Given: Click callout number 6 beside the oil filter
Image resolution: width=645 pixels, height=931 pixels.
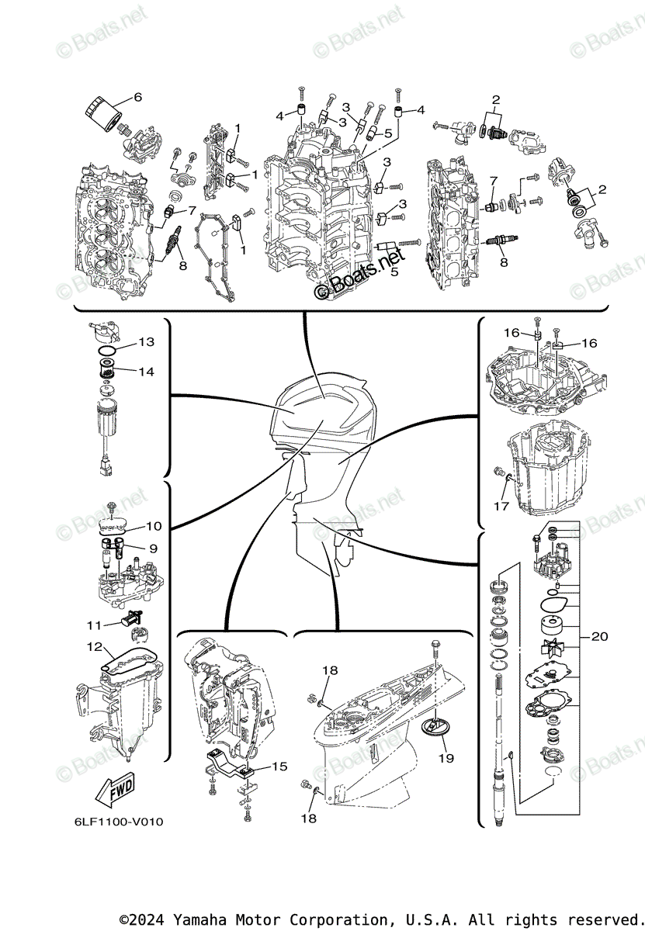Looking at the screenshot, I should pos(137,97).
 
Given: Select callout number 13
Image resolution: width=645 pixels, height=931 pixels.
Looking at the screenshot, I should pos(147,342).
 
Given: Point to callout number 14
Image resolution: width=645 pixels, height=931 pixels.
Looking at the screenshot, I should pos(147,371).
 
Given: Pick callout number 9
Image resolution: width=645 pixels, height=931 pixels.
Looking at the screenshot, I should pos(153,548).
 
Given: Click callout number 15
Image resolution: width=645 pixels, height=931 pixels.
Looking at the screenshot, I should pos(279,766).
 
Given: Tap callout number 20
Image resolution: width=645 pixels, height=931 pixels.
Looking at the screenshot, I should pos(599,636).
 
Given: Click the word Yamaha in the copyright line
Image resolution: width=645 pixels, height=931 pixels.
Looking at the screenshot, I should pos(205,919).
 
